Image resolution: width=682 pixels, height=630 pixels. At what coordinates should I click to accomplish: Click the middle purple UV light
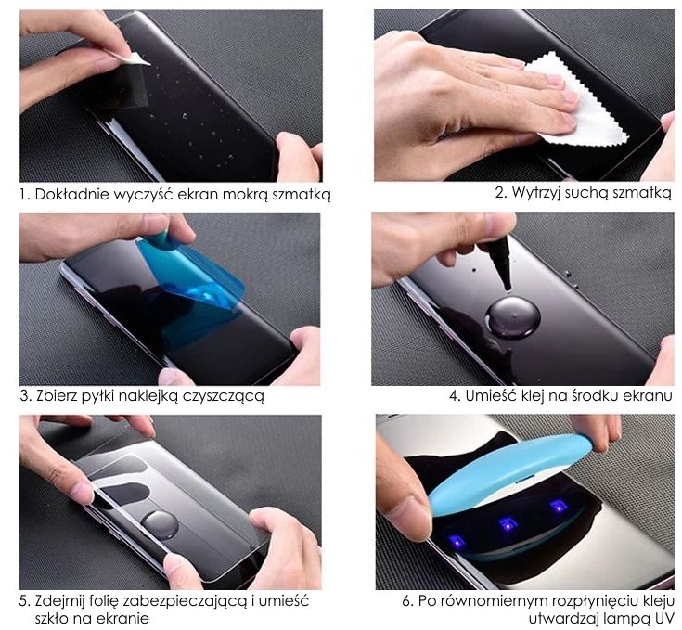[508, 524]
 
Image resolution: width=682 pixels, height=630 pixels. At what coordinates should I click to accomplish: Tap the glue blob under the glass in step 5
[161, 526]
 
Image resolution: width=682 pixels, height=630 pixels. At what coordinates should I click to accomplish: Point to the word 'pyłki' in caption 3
[98, 396]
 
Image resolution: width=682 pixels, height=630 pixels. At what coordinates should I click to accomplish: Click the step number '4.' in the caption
[455, 396]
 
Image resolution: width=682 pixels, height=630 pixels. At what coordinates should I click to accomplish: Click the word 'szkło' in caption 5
[51, 619]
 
